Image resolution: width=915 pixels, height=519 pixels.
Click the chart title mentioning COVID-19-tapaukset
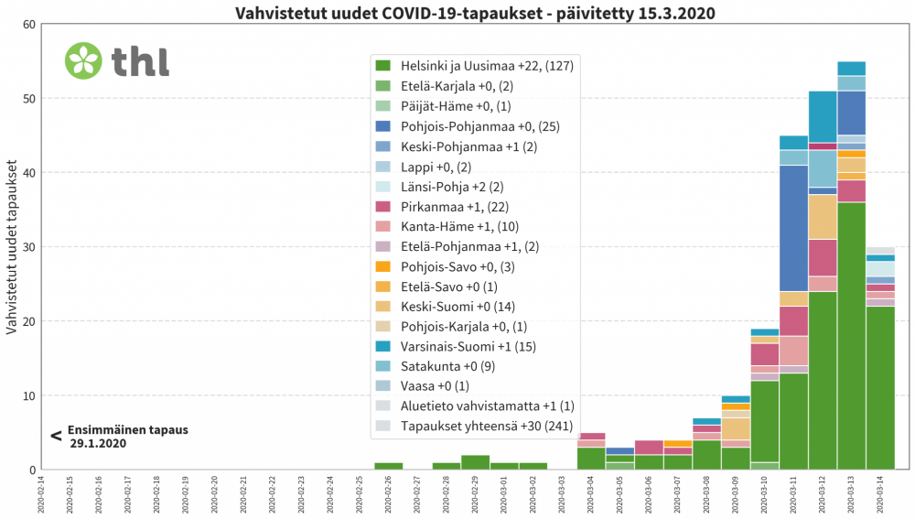point(475,13)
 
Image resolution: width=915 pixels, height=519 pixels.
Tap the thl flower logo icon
point(83,60)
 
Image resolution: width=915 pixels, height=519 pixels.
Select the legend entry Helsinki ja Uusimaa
point(473,65)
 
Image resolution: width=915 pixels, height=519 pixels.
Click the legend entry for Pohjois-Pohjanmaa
point(473,126)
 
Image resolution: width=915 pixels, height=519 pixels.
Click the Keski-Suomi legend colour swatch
point(383,306)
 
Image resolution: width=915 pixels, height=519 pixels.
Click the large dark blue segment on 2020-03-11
point(793,228)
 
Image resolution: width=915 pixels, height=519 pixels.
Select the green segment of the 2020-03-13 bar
point(851,336)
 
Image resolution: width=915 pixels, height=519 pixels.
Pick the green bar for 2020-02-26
point(389,466)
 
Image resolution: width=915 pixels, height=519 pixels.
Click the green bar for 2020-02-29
point(475,462)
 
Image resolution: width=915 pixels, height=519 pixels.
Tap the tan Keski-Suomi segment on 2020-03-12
point(823,217)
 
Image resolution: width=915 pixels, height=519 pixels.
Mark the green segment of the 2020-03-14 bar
point(880,388)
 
